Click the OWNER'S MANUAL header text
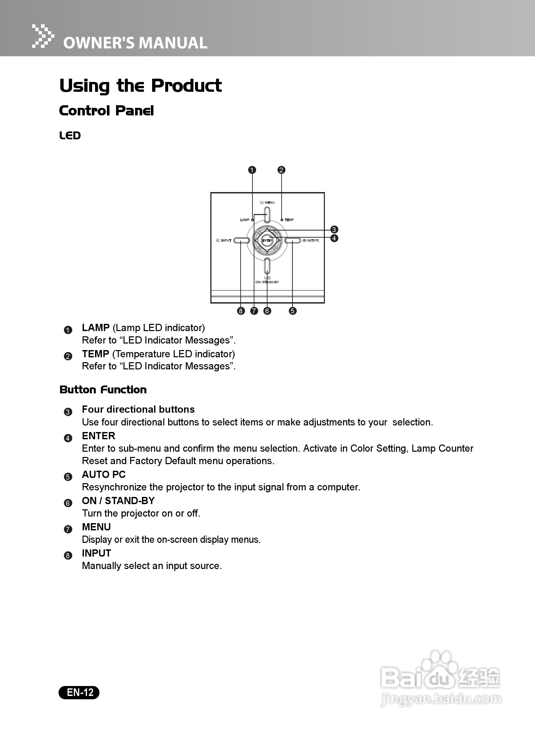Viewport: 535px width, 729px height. point(135,43)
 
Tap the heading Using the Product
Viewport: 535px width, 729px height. point(140,86)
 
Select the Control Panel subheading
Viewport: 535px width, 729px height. point(106,111)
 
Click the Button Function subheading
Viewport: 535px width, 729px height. point(103,390)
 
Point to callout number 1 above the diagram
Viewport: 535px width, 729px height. point(252,170)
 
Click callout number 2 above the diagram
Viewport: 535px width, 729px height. point(281,170)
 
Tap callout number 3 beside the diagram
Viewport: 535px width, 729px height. point(334,229)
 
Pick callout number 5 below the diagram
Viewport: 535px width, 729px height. point(293,311)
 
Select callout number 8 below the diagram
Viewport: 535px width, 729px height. point(241,311)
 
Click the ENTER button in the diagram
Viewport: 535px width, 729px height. point(267,241)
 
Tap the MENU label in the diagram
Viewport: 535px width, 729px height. point(269,203)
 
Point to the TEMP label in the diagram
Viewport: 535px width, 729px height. point(289,220)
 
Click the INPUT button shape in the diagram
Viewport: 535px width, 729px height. point(242,241)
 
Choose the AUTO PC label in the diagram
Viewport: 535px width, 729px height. point(313,241)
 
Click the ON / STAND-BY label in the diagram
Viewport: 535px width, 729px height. point(267,282)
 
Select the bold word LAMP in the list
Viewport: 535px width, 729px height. point(96,327)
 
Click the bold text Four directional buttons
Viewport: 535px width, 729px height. point(138,409)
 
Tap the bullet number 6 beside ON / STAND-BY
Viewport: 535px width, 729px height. point(68,503)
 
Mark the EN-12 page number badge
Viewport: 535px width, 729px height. point(79,692)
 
